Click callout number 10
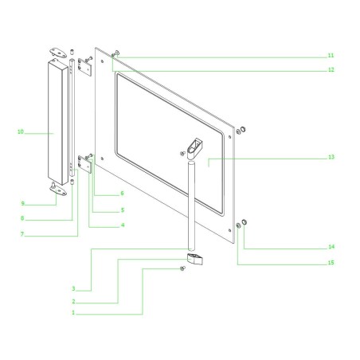click(x=22, y=131)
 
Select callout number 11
click(x=331, y=56)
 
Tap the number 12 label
click(x=331, y=70)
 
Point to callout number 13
click(x=331, y=158)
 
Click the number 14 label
click(x=331, y=246)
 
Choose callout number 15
click(x=331, y=263)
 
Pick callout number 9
click(x=23, y=203)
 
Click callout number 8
click(x=23, y=218)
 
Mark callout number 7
click(x=23, y=234)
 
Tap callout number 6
click(x=122, y=194)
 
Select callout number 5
click(x=122, y=210)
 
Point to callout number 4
click(x=122, y=225)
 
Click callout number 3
click(x=72, y=288)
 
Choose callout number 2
click(x=72, y=301)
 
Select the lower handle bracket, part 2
click(x=194, y=258)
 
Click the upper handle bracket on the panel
click(x=194, y=147)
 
